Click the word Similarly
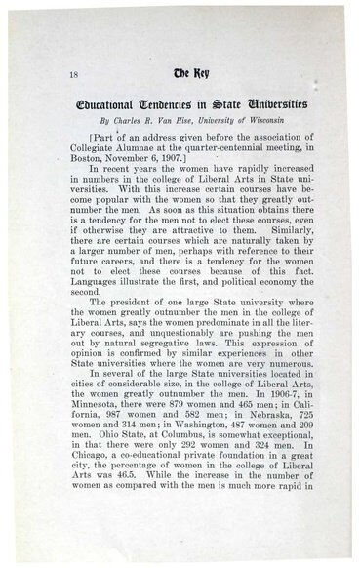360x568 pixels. (x=284, y=248)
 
